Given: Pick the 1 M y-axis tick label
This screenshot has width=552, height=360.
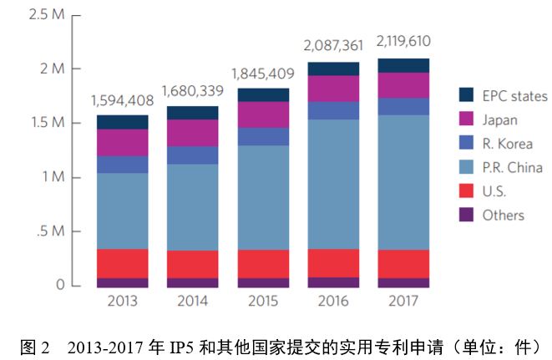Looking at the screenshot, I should [x=49, y=177].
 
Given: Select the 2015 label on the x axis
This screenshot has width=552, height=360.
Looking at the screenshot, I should [x=263, y=300].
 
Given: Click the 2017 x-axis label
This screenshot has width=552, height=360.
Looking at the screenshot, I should [x=403, y=300].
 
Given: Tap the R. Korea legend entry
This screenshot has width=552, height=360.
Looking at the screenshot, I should [x=506, y=143].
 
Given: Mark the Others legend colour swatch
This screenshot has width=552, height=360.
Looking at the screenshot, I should [x=466, y=215].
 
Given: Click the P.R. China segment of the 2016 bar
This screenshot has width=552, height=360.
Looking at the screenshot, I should [x=333, y=184].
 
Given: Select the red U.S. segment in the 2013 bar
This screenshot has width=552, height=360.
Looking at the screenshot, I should [x=123, y=263].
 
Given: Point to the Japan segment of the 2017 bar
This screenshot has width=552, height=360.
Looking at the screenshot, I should [x=403, y=85].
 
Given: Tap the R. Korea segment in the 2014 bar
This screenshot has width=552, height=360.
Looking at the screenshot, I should [x=193, y=155].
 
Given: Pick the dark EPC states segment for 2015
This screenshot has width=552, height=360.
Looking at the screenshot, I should [x=263, y=94].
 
